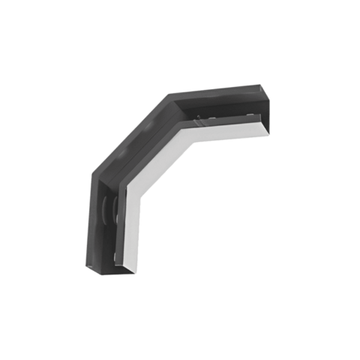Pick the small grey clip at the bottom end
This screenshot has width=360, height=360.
point(115,259)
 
